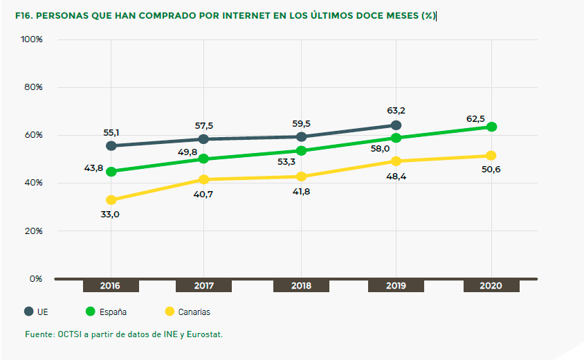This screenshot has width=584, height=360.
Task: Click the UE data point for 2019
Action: click(x=396, y=125)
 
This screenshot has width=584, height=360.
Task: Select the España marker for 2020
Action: click(x=491, y=127)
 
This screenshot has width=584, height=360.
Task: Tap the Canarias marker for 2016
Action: click(x=111, y=200)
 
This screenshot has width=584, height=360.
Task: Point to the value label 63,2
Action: click(x=396, y=109)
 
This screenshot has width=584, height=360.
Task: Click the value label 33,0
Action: click(x=111, y=215)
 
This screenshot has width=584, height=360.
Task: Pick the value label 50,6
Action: click(x=491, y=170)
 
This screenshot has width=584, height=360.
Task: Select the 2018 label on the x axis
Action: click(x=301, y=286)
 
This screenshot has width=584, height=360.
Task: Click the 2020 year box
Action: click(x=491, y=286)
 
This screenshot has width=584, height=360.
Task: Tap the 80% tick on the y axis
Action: click(x=33, y=87)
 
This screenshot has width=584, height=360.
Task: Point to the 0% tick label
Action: click(x=35, y=278)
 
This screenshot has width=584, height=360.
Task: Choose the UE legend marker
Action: click(x=29, y=311)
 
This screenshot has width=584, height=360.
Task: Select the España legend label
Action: click(x=113, y=312)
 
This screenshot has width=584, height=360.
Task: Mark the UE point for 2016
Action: click(x=111, y=145)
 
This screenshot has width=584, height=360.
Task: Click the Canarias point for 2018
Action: click(x=301, y=176)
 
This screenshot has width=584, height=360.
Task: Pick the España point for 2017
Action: click(x=203, y=159)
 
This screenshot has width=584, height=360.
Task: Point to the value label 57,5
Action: click(x=203, y=125)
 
